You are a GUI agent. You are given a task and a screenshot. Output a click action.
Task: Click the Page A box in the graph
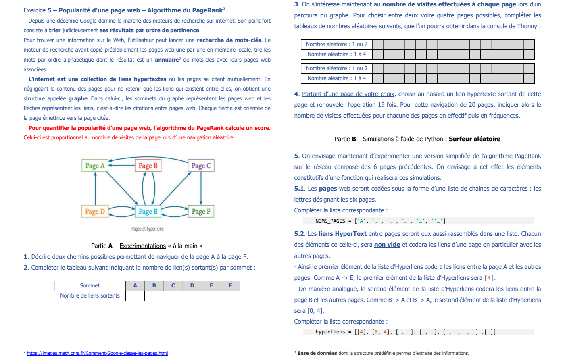(95, 166)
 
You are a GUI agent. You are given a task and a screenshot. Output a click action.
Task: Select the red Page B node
(148, 166)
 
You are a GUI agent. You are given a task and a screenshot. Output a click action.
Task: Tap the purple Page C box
(201, 166)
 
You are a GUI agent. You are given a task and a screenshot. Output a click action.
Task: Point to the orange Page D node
(95, 211)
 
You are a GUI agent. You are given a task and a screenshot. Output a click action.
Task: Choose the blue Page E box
(148, 211)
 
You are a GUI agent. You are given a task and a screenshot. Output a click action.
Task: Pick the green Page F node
(201, 211)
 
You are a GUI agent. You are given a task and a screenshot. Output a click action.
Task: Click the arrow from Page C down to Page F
(201, 188)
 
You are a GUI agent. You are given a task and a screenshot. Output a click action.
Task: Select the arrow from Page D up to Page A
(95, 188)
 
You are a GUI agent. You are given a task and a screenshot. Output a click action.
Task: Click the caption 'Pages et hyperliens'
(147, 229)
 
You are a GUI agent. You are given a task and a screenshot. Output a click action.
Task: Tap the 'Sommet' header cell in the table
(90, 285)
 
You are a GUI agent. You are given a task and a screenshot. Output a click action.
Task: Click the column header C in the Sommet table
(173, 285)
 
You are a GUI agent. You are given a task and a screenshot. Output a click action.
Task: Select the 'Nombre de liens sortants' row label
(90, 295)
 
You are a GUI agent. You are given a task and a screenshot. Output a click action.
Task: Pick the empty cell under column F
(230, 295)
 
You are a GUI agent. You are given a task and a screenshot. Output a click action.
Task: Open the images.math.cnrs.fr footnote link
(97, 353)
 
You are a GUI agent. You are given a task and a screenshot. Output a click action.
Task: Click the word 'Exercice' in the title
(34, 10)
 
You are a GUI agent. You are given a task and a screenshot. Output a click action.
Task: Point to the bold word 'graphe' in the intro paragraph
(78, 98)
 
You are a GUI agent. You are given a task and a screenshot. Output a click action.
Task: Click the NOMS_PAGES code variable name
(330, 221)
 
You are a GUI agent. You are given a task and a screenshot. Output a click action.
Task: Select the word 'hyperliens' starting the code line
(330, 332)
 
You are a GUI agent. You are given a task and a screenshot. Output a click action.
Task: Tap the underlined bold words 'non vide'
(387, 245)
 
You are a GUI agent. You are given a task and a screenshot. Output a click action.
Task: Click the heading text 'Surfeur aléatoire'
(474, 139)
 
